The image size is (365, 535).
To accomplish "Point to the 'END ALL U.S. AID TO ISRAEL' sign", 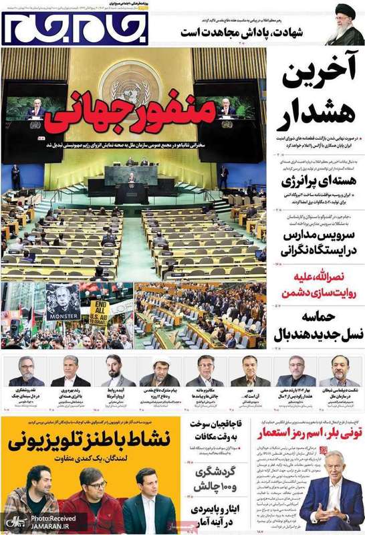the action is [100, 314].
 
